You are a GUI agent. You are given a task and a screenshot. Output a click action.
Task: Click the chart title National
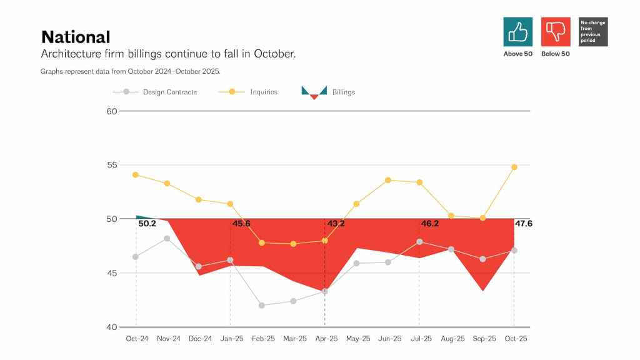point(75,37)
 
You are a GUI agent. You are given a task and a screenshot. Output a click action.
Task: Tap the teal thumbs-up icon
point(517,32)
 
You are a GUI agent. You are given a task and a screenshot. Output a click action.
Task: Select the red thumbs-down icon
point(556,32)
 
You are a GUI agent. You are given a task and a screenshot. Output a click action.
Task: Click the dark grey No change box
point(593,32)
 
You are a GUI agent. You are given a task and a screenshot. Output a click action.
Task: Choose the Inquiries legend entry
point(263,92)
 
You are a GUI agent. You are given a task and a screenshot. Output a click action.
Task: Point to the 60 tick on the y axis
point(111,111)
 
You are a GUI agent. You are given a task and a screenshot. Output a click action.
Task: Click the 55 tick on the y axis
point(111,165)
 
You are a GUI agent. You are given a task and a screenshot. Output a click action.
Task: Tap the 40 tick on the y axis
point(111,327)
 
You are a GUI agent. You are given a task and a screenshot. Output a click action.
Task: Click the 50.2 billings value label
point(147,224)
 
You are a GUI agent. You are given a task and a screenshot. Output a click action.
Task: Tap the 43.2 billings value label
point(336,224)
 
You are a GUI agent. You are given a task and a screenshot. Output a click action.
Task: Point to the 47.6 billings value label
point(524,224)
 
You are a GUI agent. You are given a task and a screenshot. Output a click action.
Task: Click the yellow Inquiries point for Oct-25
point(514,167)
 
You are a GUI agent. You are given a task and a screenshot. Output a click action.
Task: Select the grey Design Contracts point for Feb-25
point(262,306)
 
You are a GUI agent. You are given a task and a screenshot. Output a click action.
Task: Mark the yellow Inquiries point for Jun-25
point(388,180)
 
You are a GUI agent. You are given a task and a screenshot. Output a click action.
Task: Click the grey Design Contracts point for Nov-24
point(167,238)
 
